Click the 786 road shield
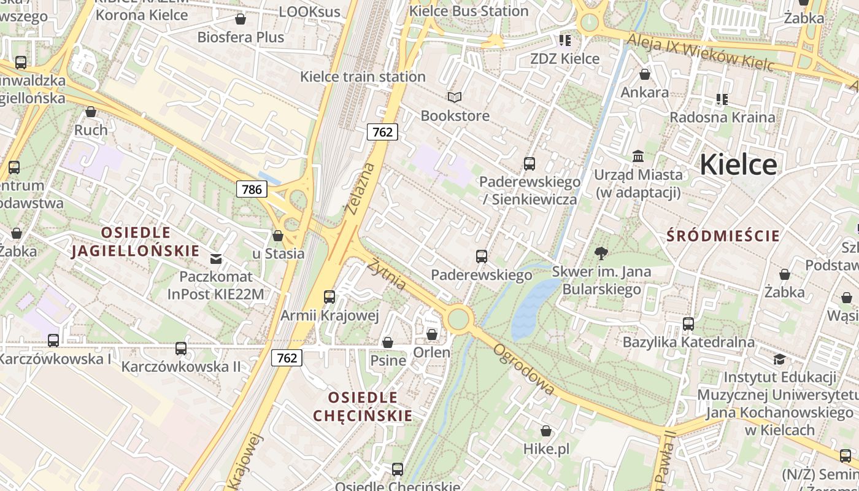pos(252,189)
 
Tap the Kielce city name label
pos(738,164)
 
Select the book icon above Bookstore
pos(454,97)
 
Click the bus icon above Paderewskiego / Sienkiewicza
pos(530,164)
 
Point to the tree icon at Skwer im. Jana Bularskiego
pos(601,253)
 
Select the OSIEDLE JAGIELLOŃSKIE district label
pos(136,242)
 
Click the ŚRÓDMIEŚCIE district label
pos(723,236)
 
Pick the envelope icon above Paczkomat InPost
pos(216,258)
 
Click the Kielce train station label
pos(363,77)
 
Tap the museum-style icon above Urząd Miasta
pos(638,157)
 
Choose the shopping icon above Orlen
pos(432,334)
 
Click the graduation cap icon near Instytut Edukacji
pos(779,359)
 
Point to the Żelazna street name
pos(360,188)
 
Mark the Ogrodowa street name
pos(524,369)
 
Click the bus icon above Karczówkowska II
pos(181,349)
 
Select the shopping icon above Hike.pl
pos(545,431)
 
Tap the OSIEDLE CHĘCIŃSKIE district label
pos(363,406)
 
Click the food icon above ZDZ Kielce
pos(564,41)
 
